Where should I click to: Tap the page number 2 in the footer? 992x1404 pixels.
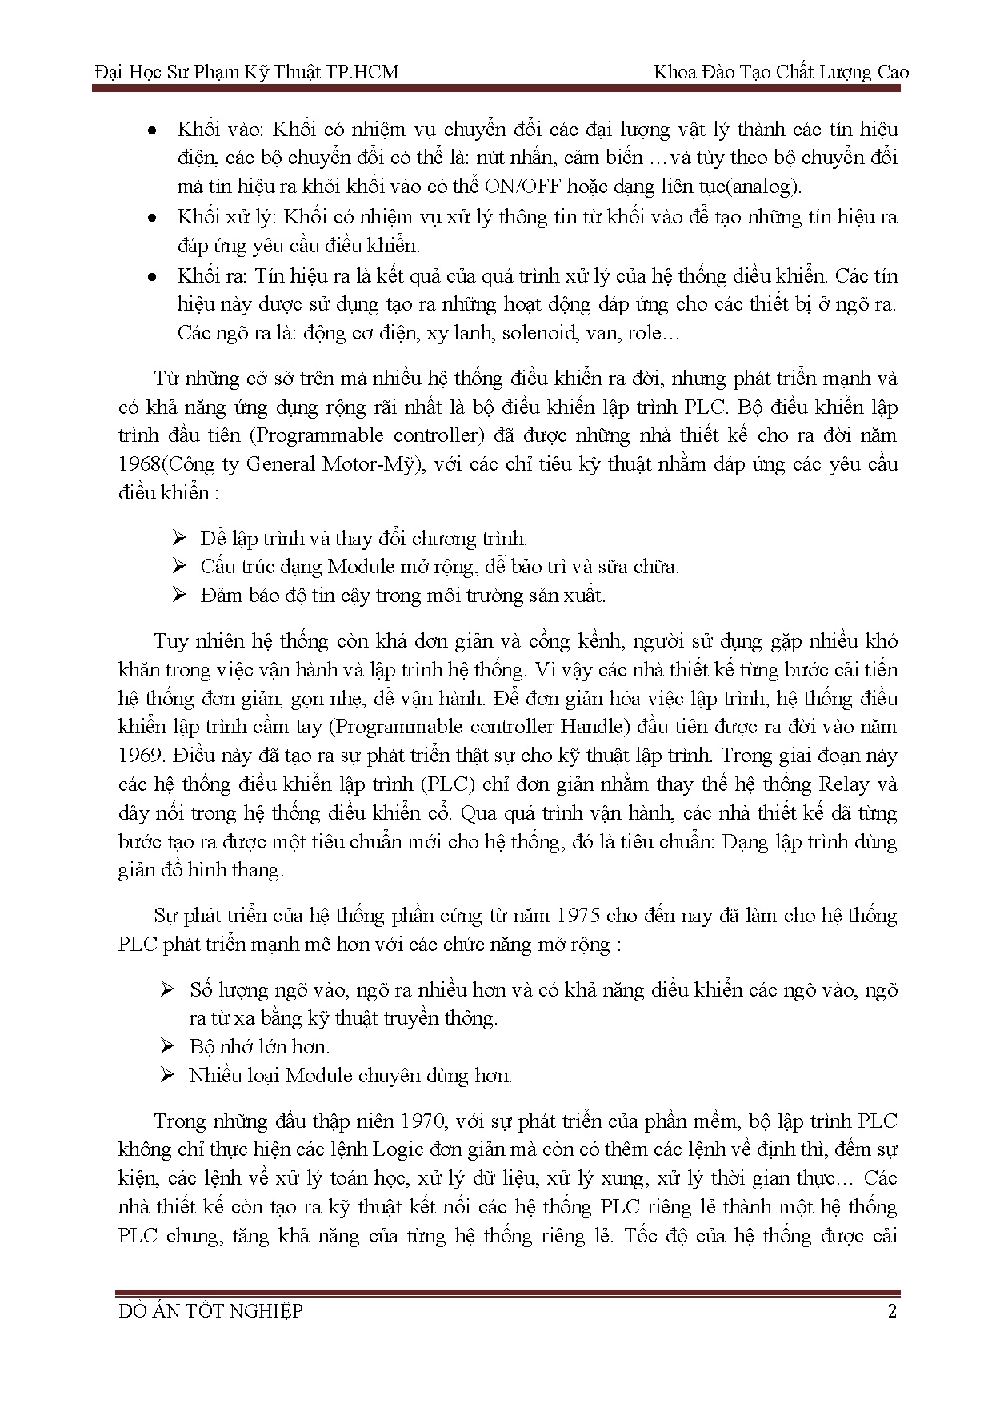892,1311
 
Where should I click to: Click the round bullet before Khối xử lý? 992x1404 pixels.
152,218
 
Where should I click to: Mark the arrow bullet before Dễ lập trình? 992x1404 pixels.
179,537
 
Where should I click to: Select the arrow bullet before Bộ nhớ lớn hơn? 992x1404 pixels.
167,1046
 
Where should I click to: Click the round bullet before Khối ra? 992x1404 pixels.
152,277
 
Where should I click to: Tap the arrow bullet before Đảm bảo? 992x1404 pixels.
179,595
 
